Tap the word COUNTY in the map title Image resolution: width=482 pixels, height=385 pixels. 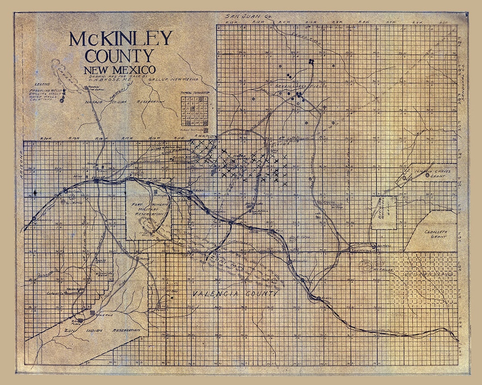tap(119, 56)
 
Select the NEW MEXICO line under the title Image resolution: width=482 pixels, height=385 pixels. tap(119, 70)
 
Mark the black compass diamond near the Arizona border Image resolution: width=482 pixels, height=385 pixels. tap(35, 192)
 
